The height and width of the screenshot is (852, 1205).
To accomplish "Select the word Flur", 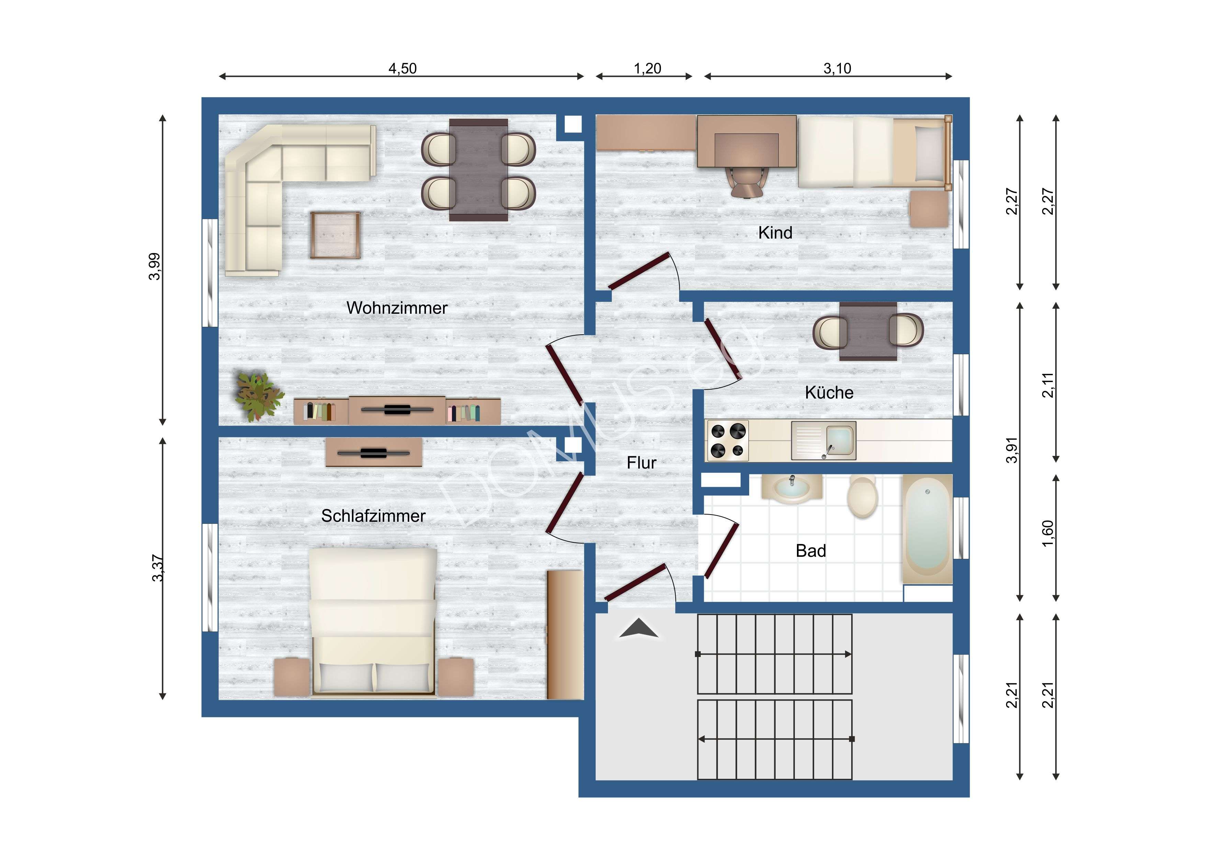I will pyautogui.click(x=641, y=463).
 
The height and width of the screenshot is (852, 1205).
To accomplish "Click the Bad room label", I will pyautogui.click(x=811, y=551).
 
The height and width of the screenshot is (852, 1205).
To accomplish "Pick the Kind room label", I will pyautogui.click(x=775, y=232).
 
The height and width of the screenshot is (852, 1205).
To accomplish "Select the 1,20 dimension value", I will pyautogui.click(x=647, y=68).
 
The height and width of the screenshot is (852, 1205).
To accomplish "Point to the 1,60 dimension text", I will pyautogui.click(x=1048, y=533).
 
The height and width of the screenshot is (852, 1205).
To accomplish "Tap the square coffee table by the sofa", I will pyautogui.click(x=335, y=235).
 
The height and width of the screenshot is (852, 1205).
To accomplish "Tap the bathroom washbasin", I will pyautogui.click(x=791, y=488).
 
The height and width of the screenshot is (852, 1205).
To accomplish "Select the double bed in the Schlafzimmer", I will pyautogui.click(x=373, y=622).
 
